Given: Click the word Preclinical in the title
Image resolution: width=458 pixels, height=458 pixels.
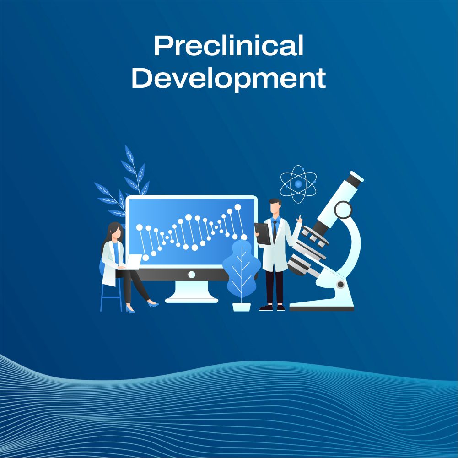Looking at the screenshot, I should pos(228,46).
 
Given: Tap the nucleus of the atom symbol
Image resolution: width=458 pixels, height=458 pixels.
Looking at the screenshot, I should pos(298,184).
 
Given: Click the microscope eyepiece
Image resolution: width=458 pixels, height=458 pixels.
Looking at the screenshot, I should pos(354,179).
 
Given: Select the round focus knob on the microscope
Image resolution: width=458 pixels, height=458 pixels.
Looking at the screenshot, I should pos(343,210).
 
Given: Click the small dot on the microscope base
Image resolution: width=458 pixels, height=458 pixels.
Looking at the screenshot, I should pos(340,285).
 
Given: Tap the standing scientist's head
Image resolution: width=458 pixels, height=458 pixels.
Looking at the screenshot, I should pos(275,207).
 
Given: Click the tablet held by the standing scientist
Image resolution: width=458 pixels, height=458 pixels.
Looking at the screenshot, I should pos(262,233).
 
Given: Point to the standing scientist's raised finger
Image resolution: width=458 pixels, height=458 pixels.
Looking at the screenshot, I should pos(300,217).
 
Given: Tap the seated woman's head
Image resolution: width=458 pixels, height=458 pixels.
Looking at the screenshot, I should pos(115,232).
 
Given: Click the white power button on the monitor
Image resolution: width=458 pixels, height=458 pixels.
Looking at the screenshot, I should pos(192,274).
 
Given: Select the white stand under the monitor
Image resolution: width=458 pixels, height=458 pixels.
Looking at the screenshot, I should pos(192,293).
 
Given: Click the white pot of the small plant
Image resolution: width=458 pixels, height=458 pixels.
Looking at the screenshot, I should pos(241,306).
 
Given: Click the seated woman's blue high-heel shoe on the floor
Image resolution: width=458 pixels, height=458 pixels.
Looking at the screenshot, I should pos(154,304).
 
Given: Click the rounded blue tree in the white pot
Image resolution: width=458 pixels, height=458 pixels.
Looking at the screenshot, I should pos(241,268).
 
